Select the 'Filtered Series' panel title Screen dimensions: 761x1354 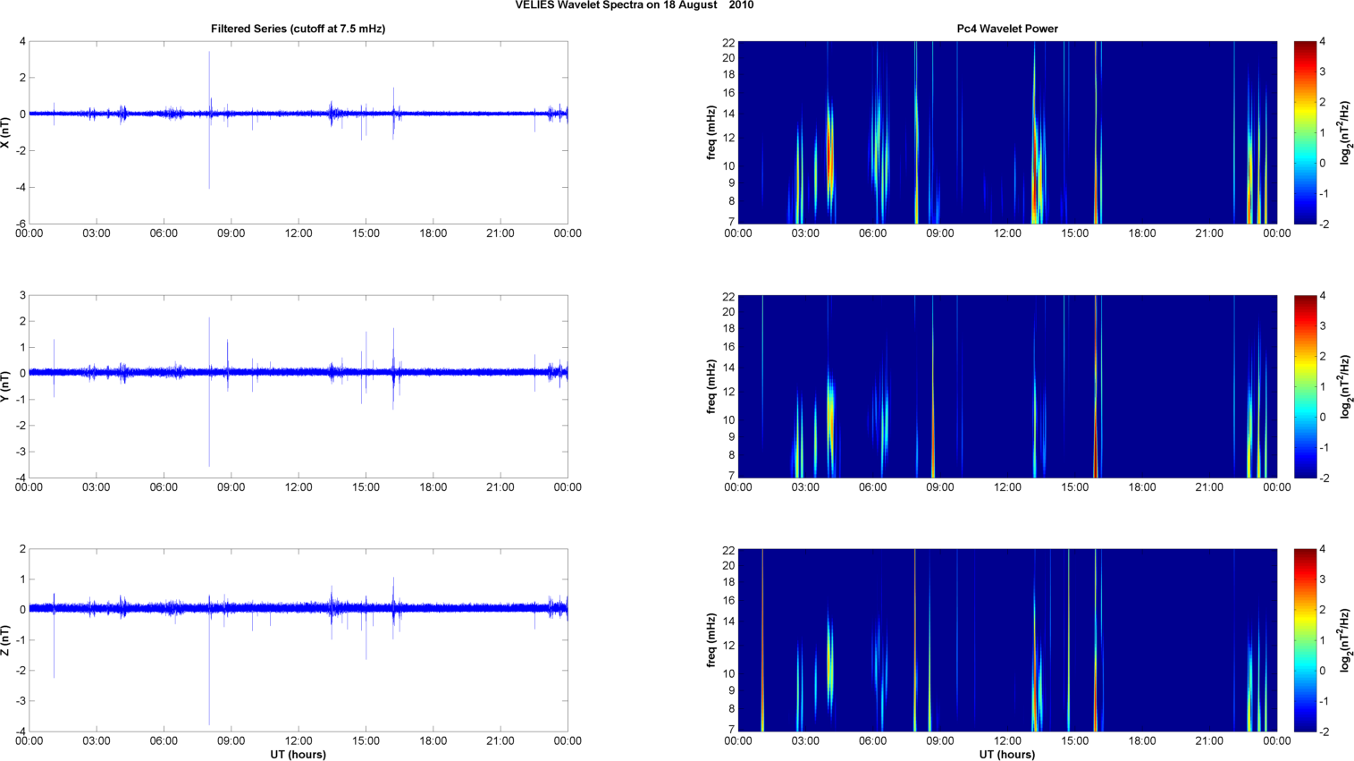[298, 29]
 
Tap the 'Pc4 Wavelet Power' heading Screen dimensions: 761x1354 [1007, 29]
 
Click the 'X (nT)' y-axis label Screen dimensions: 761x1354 [6, 132]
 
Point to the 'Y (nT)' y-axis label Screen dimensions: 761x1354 [6, 385]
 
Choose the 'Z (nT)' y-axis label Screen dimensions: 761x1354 [6, 640]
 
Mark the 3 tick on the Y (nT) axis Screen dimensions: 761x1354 [22, 295]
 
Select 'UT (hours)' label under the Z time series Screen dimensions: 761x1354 [298, 754]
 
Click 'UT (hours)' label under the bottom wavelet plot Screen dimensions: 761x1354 [1007, 754]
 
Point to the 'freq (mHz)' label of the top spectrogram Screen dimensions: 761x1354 [711, 132]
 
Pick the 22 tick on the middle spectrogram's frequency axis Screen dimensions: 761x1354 [727, 296]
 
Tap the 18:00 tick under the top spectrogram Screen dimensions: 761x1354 [1142, 233]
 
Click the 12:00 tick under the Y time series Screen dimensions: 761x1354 [299, 487]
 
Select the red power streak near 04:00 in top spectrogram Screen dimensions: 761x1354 [829, 156]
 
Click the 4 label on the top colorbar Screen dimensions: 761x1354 [1322, 42]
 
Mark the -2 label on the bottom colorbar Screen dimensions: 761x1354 [1324, 731]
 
